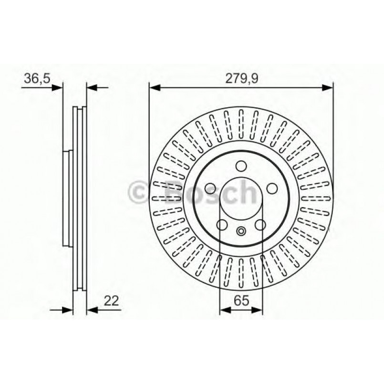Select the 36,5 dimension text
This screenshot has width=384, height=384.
(37, 78)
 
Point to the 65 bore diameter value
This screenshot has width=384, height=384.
(240, 301)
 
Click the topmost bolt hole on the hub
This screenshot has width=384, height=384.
(241, 166)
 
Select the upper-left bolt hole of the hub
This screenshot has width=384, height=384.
(210, 188)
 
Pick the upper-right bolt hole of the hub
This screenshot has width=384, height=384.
(272, 188)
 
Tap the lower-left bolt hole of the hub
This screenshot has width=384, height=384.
(222, 225)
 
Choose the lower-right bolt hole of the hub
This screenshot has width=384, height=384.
(260, 225)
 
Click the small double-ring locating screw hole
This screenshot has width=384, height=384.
(241, 231)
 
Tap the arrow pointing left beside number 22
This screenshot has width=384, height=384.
(91, 310)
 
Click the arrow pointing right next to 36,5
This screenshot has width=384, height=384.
(57, 87)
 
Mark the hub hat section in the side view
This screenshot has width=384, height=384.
(67, 198)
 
